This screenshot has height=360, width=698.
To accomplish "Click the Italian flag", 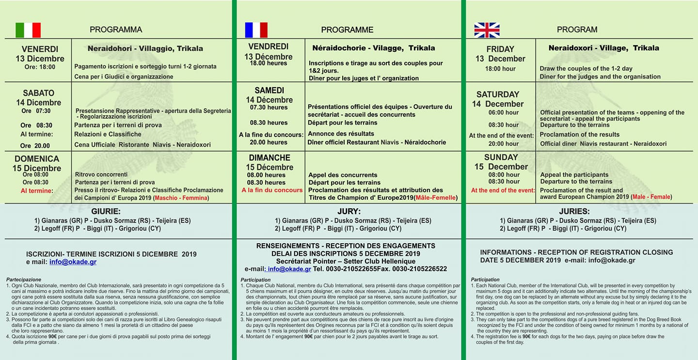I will point(28,30).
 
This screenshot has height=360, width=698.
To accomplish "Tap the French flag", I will point(256,30).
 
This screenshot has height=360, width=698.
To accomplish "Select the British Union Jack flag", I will point(486,30).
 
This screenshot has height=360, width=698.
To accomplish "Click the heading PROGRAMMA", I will point(116,30).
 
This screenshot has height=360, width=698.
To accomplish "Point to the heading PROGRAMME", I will point(347,30).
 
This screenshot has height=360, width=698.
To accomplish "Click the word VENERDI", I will point(40,49).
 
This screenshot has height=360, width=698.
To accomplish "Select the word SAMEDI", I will point(270,91).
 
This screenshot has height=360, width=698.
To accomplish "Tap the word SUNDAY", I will point(501,157).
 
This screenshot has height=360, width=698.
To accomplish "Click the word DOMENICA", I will point(37,159).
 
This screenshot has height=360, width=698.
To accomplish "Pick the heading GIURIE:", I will point(106,211).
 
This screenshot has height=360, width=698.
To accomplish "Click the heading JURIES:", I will point(574,212).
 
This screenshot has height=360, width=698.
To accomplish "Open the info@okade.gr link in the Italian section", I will point(73,262).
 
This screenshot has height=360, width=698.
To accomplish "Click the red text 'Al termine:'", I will point(36,191).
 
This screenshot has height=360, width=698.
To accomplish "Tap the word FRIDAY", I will point(500,49).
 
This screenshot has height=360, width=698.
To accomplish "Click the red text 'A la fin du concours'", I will point(272,190).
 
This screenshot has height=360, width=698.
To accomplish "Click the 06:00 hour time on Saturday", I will point(503,112).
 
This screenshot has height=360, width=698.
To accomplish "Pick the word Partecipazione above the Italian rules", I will point(24,280).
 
